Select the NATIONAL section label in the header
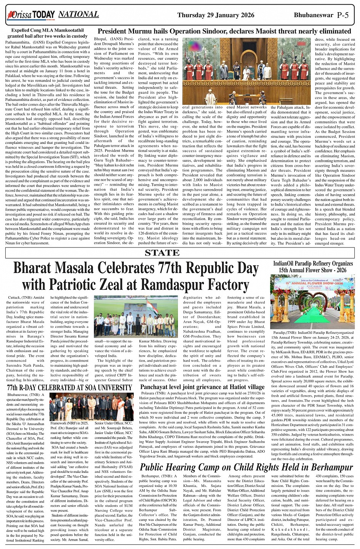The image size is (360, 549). tap(78, 14)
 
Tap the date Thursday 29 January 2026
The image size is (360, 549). tap(216, 15)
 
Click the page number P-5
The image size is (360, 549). tap(342, 15)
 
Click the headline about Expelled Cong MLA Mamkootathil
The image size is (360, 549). tap(48, 33)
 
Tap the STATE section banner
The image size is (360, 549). tap(162, 253)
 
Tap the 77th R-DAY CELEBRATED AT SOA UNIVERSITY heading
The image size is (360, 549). tap(70, 388)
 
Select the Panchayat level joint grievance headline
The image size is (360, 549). tap(197, 387)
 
